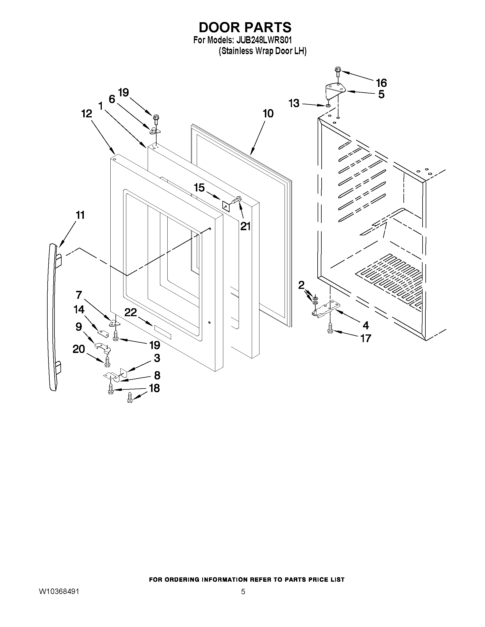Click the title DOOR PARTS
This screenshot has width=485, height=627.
[245, 28]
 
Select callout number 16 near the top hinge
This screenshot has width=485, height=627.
[381, 83]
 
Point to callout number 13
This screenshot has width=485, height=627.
[294, 103]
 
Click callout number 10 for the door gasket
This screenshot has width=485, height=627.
[268, 114]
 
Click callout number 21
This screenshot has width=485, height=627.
[245, 226]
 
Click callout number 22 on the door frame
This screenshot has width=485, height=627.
[130, 312]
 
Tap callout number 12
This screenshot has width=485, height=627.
[86, 114]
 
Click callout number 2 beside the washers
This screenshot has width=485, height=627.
[301, 285]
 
